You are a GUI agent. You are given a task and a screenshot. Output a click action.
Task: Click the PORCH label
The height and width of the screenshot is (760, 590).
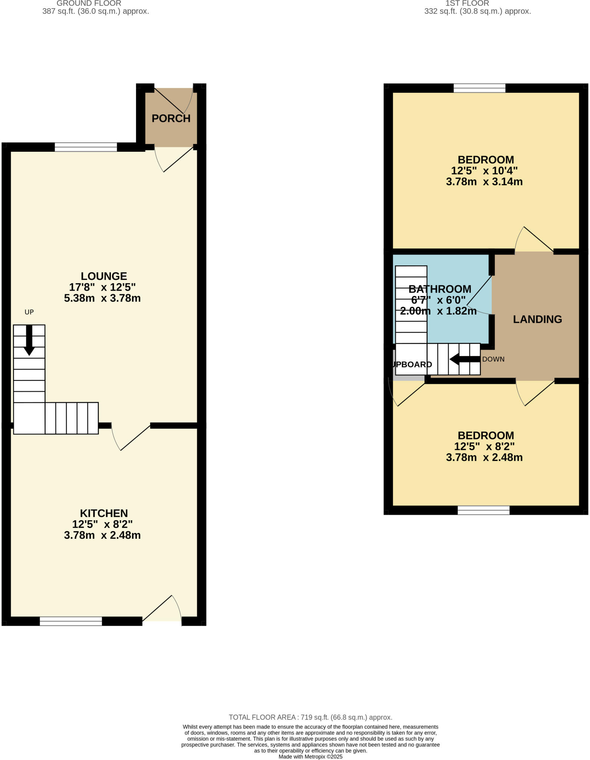click(171, 118)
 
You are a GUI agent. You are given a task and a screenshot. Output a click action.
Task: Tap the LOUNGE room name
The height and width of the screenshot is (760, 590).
click(104, 276)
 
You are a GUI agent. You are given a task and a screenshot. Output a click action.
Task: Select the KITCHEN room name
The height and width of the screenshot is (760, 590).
click(104, 513)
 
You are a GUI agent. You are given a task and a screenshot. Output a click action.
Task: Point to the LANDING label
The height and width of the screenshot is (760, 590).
click(537, 319)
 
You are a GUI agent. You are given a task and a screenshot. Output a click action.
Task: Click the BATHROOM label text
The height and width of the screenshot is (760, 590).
click(440, 289)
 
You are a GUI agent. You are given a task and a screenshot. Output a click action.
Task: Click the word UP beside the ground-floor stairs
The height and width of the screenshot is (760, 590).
click(29, 312)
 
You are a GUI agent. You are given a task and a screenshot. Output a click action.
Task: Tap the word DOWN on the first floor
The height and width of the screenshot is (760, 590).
click(493, 359)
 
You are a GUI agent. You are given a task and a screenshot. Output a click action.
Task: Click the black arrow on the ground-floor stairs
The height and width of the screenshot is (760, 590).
click(29, 341)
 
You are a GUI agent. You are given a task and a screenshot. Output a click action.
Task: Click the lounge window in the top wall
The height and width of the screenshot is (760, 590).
click(86, 147)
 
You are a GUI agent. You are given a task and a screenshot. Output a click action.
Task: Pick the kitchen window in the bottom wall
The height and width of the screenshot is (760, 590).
click(71, 621)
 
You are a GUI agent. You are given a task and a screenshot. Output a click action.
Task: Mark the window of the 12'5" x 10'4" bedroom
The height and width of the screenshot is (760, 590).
click(479, 88)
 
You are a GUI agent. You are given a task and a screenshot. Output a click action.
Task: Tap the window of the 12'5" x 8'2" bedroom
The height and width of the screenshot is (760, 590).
click(484, 511)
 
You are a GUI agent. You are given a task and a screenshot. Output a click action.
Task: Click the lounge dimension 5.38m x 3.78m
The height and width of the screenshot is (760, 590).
click(102, 298)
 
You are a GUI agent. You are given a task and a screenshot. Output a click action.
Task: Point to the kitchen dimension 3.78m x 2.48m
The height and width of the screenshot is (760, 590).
click(102, 535)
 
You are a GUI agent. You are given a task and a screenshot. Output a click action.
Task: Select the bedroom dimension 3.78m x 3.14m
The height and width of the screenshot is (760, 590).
click(484, 182)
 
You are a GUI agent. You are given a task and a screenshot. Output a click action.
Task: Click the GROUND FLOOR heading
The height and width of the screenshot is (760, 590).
click(89, 3)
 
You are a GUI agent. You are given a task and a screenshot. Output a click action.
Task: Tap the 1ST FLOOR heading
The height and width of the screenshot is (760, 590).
click(467, 3)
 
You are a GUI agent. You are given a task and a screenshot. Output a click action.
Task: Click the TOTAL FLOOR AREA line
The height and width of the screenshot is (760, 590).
click(310, 717)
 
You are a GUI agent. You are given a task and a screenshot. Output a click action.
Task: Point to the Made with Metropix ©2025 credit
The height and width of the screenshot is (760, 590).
click(310, 756)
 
